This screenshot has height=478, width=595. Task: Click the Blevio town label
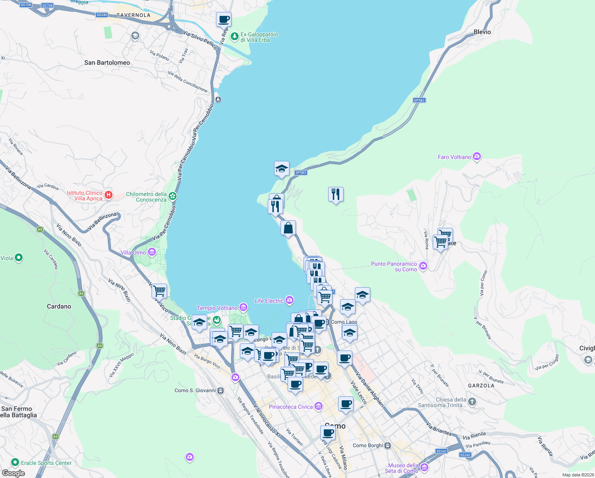(482, 32)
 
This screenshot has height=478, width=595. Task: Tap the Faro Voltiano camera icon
(477, 157)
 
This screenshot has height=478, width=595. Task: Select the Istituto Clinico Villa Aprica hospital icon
(109, 195)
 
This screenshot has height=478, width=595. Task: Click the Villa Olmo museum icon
(152, 252)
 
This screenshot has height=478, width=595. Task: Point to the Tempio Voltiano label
(217, 308)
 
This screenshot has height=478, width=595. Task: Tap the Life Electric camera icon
(290, 300)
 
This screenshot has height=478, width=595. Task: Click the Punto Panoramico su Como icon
(423, 266)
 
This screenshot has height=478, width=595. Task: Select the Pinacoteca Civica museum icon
(318, 406)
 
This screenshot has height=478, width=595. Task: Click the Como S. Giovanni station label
(195, 390)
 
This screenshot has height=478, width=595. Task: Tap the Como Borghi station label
(368, 445)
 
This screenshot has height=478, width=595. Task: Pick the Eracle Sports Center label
(46, 463)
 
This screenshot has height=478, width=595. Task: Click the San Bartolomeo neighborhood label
(107, 63)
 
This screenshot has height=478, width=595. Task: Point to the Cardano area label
(59, 306)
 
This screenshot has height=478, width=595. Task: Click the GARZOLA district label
(481, 386)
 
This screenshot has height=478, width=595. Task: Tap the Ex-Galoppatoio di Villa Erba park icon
(235, 37)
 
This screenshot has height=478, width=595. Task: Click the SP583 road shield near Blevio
(419, 100)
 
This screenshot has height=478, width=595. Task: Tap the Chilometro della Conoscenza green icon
(172, 196)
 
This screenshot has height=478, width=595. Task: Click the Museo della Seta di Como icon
(424, 467)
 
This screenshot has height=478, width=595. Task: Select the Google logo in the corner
(13, 473)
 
